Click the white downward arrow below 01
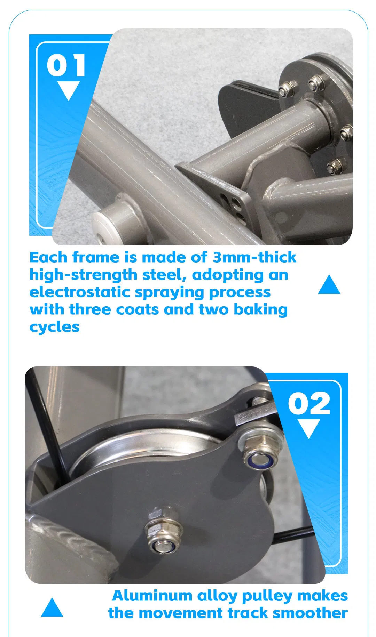click(69, 90)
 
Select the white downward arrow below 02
click(309, 428)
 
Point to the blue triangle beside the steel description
click(329, 285)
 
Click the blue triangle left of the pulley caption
click(52, 608)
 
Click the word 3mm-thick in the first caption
click(254, 258)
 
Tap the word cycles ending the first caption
click(54, 327)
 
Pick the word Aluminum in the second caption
click(152, 596)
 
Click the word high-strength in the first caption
click(83, 275)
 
